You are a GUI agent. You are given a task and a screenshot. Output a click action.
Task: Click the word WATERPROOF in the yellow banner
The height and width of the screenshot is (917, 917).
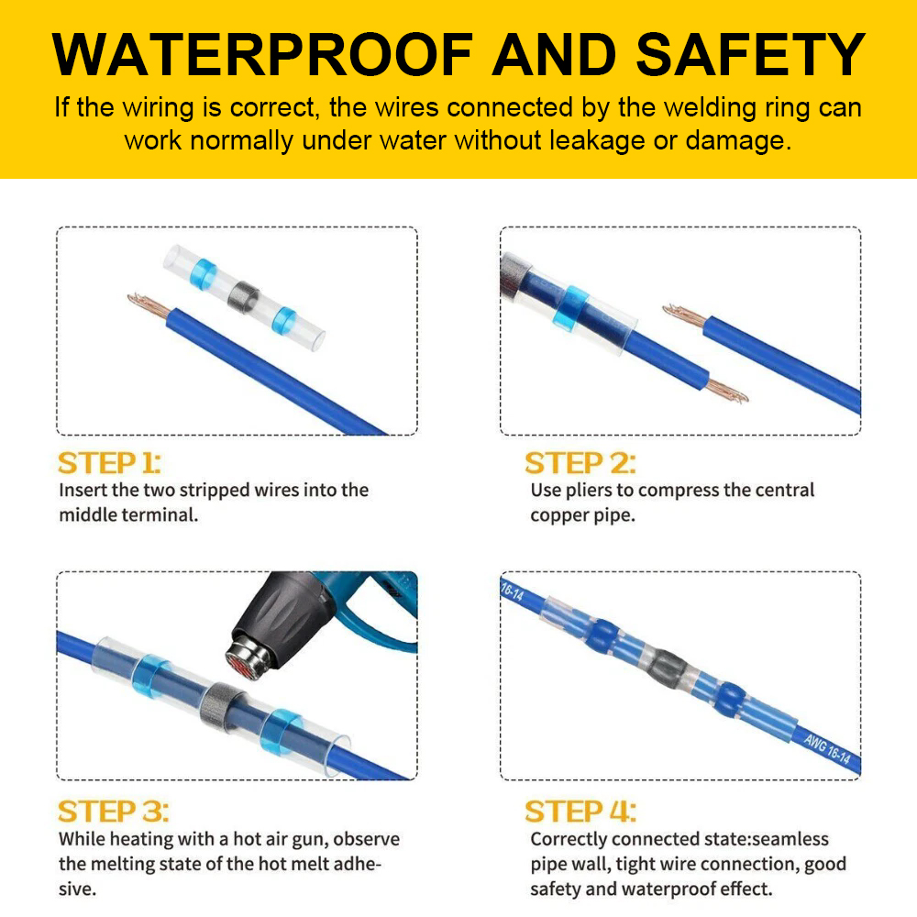point(262,54)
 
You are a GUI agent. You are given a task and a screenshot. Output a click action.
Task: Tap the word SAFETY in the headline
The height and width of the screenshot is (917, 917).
point(750,54)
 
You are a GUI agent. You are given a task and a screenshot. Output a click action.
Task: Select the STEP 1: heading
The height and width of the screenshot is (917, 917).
point(109,463)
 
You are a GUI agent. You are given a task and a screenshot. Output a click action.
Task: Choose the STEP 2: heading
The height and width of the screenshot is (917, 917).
point(580,463)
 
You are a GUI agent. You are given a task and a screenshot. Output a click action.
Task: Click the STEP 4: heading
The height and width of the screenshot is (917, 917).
point(580,812)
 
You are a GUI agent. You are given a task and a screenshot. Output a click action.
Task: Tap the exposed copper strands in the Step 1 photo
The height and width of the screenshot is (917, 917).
point(148,304)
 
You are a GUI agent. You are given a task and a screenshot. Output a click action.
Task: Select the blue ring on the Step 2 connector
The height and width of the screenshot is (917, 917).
point(570,309)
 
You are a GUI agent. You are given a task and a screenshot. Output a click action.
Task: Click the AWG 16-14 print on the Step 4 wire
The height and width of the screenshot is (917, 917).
point(827,748)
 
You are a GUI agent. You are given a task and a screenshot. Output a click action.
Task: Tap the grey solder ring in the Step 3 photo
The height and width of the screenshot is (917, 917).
point(221,707)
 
